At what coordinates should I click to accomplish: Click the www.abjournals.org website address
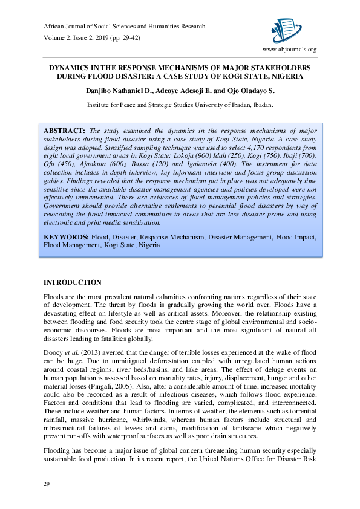click(x=289, y=50)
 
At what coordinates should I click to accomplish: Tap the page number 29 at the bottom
click(x=46, y=484)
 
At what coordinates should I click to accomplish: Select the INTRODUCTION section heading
click(x=73, y=282)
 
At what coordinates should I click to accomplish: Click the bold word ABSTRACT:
click(x=65, y=131)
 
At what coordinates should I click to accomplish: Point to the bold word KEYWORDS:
click(x=67, y=237)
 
